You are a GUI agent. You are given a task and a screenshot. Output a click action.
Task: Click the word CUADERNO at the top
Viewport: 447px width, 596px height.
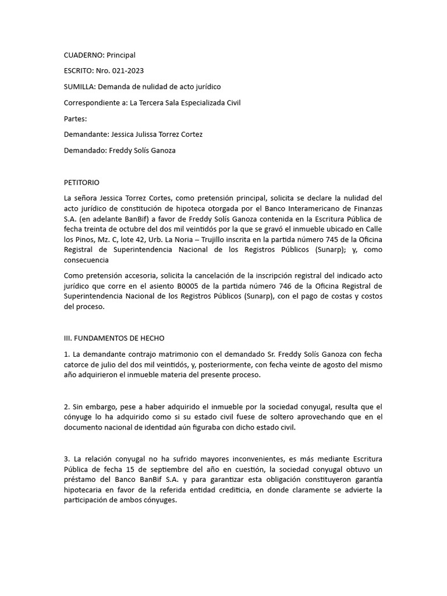point(84,55)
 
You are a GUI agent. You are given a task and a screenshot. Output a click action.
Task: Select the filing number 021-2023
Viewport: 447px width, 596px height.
point(126,71)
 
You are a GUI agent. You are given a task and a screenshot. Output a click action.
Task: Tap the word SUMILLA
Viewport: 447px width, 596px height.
point(79,87)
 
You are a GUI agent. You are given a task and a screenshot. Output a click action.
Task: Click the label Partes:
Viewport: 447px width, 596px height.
point(75,119)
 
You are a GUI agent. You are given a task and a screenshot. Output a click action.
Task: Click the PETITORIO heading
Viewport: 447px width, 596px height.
point(86,182)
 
